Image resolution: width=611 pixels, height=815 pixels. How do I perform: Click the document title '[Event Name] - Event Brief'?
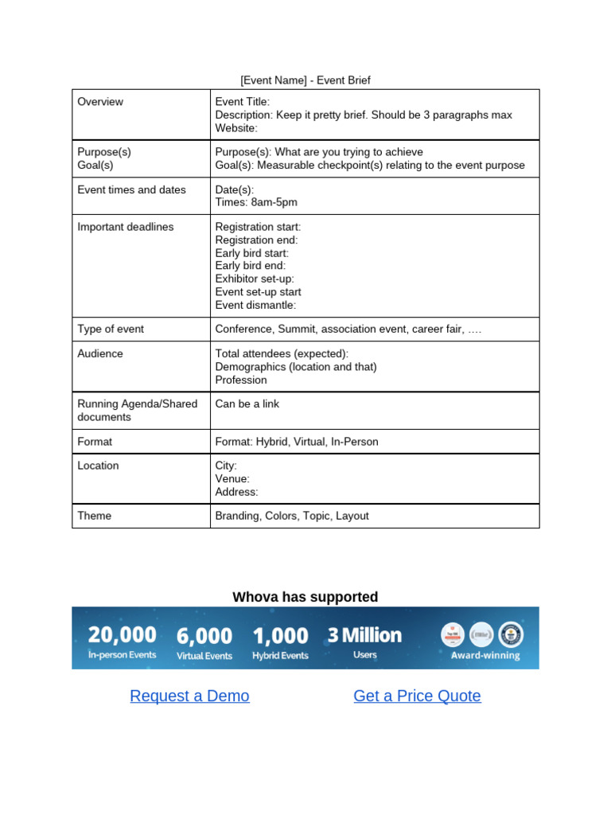click(x=305, y=80)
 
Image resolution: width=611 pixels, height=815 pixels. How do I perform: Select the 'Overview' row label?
click(x=100, y=102)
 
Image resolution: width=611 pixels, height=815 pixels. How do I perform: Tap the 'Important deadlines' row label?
click(x=126, y=227)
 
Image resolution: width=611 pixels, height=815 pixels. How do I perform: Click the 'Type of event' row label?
click(x=111, y=329)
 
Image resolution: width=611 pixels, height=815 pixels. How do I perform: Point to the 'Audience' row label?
click(x=100, y=353)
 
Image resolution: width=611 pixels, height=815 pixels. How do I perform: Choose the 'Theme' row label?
click(x=95, y=516)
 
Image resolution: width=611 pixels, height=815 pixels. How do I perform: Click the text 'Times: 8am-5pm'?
click(x=256, y=202)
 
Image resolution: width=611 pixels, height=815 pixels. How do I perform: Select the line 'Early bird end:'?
click(x=251, y=266)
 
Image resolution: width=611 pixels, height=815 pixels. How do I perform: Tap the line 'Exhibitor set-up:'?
click(x=255, y=279)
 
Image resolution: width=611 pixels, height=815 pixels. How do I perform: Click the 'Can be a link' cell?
click(x=247, y=404)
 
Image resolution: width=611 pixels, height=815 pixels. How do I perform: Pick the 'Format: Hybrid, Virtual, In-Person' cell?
click(x=297, y=442)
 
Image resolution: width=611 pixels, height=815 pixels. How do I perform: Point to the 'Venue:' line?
click(x=232, y=479)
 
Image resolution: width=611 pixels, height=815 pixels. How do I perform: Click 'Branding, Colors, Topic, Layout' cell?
click(x=292, y=516)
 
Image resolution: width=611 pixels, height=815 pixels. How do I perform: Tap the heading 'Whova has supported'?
click(x=305, y=597)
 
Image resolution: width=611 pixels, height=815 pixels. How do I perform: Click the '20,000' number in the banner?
click(x=122, y=634)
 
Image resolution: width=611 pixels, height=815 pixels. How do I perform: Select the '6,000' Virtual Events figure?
click(x=204, y=636)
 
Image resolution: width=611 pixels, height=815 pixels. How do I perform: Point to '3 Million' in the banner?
click(x=364, y=635)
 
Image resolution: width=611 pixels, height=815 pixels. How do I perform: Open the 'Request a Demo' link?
click(x=189, y=696)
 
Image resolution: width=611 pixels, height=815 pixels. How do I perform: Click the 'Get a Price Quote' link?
click(x=417, y=696)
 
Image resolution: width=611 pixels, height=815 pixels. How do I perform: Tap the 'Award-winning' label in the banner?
click(x=485, y=656)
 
